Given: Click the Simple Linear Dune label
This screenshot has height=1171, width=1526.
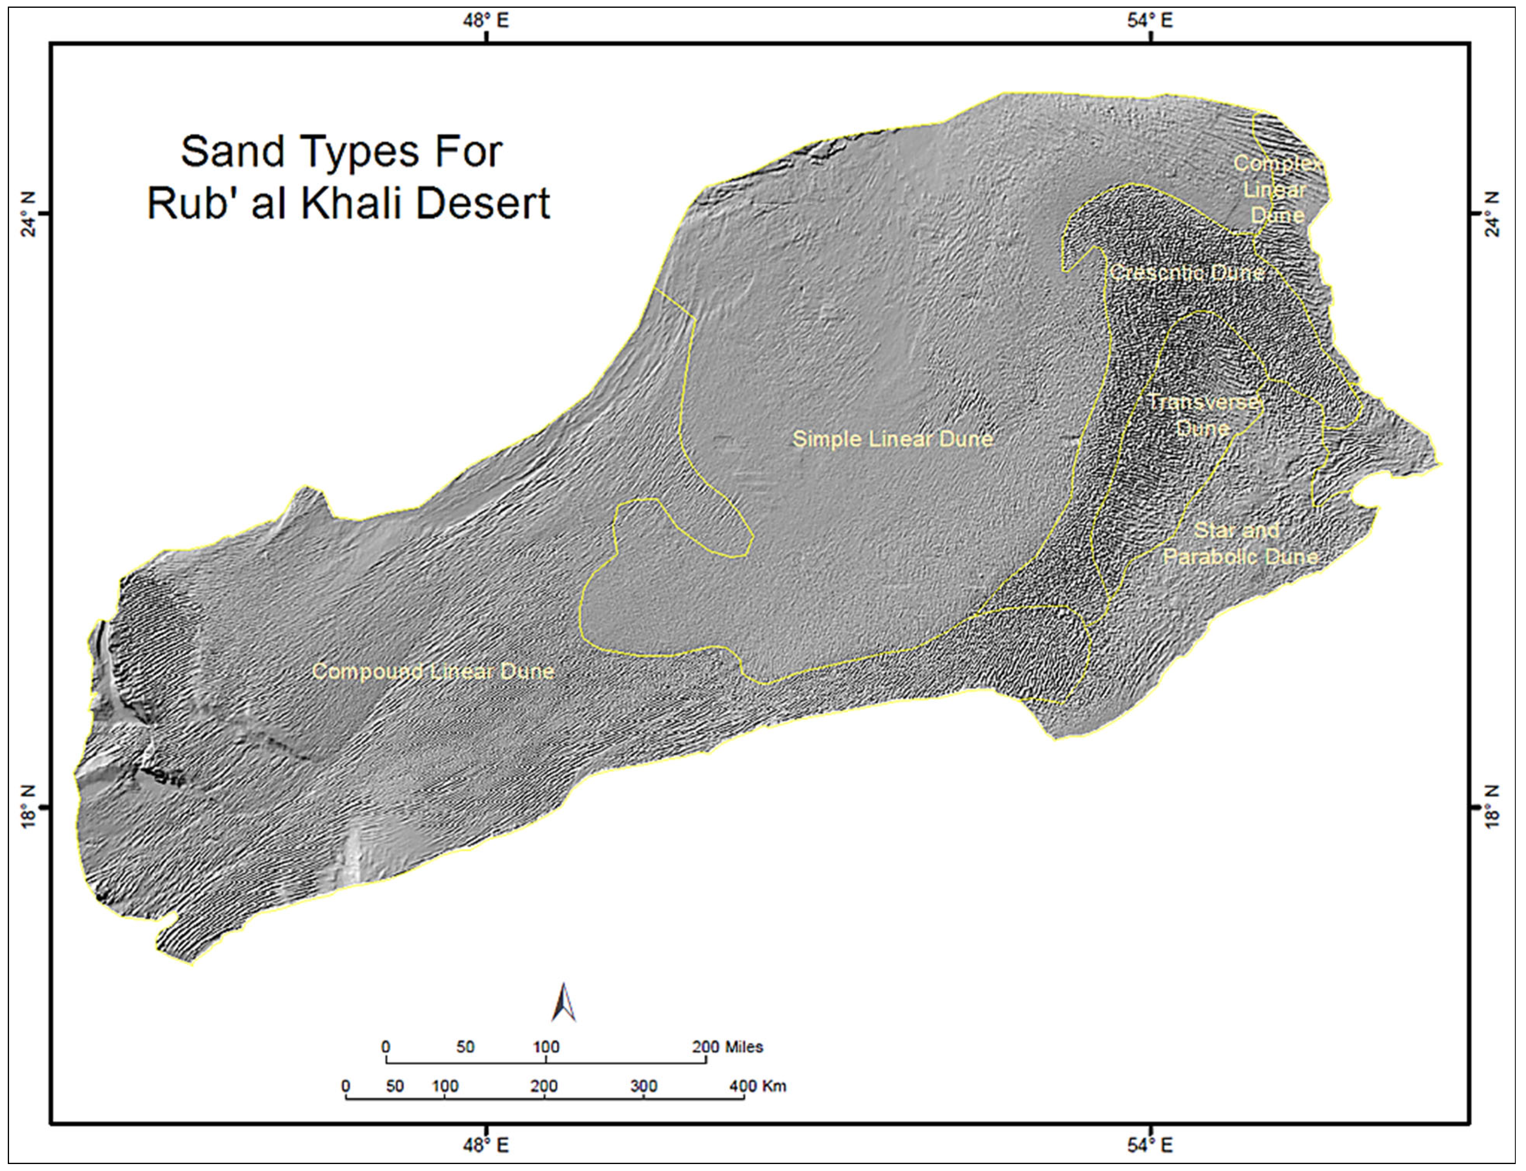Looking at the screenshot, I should point(892,439).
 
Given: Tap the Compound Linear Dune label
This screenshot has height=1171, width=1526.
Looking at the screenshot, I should point(433,671).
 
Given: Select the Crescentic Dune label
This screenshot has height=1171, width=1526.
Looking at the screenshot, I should point(1187,272).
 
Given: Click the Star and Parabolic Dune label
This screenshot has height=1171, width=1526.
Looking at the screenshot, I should point(1240,544).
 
